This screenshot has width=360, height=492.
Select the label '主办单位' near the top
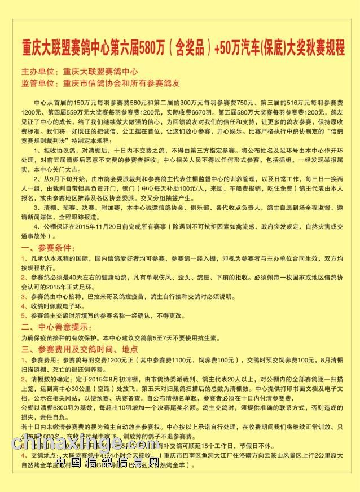(x=39, y=72)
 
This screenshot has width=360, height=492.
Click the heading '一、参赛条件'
(x=48, y=248)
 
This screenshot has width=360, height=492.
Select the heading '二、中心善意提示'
(x=56, y=327)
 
